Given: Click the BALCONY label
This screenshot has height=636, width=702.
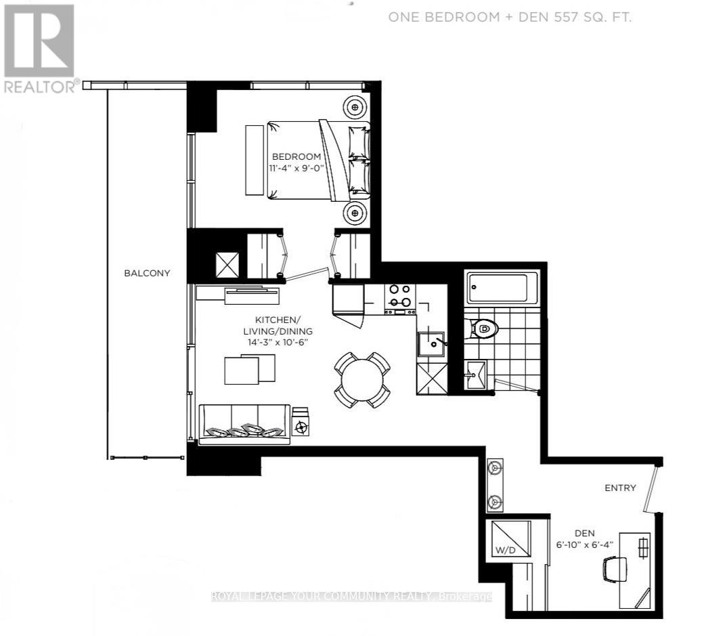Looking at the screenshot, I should tap(147, 273).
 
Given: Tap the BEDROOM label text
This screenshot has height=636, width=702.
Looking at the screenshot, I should tap(297, 156).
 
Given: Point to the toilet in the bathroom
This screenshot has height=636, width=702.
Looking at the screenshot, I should tap(485, 329).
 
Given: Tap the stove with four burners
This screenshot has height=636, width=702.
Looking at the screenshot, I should tap(399, 296).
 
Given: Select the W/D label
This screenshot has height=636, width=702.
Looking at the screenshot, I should tap(505, 550).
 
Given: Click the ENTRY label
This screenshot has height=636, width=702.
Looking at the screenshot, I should tap(620, 488).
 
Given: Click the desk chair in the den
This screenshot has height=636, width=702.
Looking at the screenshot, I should tap(614, 568).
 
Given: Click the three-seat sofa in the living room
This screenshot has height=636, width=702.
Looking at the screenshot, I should tap(244, 425).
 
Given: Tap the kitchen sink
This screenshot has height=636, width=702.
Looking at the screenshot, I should tap(430, 345).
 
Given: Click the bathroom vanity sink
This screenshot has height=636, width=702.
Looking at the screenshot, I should tap(476, 373).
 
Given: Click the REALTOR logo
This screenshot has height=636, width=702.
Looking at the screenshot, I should tap(39, 47).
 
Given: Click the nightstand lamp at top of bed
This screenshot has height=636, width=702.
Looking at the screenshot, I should tap(355, 106).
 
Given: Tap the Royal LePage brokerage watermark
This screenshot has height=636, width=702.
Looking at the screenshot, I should tap(351, 596).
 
